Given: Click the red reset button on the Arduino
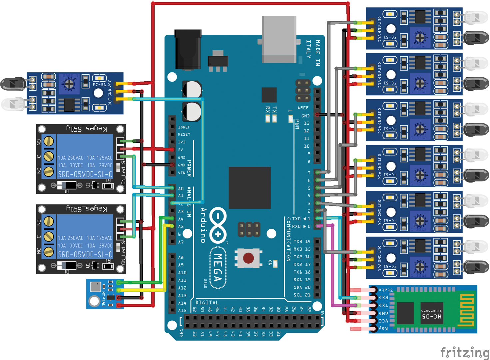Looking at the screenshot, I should (x=248, y=258).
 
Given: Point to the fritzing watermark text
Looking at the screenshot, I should (x=465, y=352).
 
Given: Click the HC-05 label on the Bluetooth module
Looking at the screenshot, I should (x=432, y=316).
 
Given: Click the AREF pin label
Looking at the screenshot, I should (x=303, y=108).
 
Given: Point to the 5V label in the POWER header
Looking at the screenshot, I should (x=181, y=150).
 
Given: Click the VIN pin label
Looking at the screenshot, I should (x=182, y=173).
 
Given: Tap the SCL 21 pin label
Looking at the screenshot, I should (x=302, y=295).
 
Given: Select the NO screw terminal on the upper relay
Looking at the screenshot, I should (x=49, y=141).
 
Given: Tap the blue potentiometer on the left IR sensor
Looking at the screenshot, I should (x=69, y=84).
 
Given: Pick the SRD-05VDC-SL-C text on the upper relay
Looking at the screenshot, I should (x=85, y=174).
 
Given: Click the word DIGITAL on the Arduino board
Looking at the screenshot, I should (x=207, y=303).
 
